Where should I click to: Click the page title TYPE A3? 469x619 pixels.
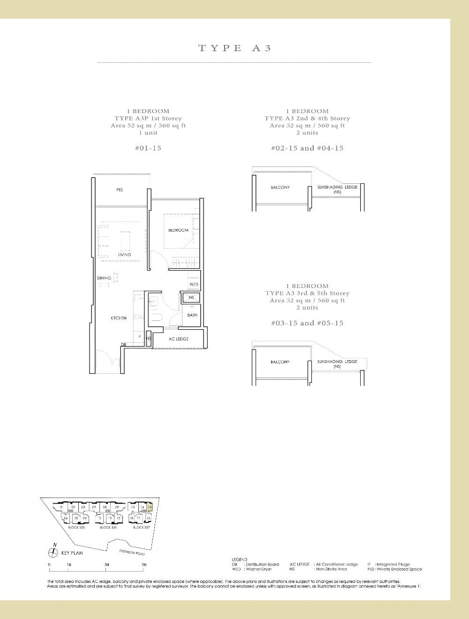click(234, 48)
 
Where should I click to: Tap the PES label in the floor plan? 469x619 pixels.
click(120, 190)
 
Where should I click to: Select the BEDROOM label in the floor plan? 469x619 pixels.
click(178, 230)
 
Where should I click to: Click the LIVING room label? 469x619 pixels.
click(124, 255)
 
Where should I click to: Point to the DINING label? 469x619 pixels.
click(104, 278)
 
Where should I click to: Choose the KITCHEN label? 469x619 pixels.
click(119, 318)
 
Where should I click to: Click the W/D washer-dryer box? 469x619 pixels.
click(193, 285)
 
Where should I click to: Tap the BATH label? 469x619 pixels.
click(192, 315)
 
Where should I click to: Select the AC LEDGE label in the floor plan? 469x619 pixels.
click(178, 339)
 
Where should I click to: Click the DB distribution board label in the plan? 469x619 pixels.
click(123, 345)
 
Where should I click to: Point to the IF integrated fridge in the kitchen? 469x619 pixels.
click(139, 336)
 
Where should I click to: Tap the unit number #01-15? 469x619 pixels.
click(148, 148)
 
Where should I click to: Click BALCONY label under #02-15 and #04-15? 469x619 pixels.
click(280, 188)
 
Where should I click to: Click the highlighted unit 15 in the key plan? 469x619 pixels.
click(150, 507)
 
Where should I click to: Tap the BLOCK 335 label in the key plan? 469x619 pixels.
click(108, 528)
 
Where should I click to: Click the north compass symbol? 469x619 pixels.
click(55, 552)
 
